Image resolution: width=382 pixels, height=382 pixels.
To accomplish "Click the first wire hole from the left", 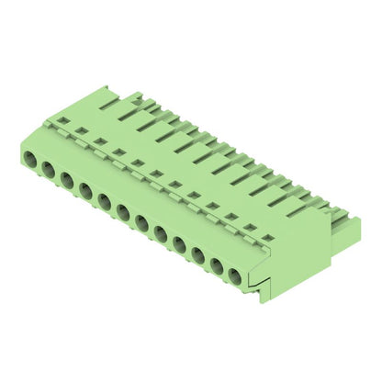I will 28,162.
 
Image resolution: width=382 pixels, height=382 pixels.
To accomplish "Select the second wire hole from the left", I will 48,172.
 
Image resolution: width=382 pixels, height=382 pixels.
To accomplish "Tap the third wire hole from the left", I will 67,181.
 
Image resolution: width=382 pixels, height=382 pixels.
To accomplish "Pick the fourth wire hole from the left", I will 85,191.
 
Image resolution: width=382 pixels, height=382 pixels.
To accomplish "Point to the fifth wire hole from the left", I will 105,201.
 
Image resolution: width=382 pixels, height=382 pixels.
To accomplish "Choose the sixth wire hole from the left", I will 123,211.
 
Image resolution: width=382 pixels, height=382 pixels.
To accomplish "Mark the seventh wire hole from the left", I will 142,221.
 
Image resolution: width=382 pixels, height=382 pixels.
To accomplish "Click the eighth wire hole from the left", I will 161,231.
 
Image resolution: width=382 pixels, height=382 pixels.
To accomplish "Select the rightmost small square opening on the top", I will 267,238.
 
